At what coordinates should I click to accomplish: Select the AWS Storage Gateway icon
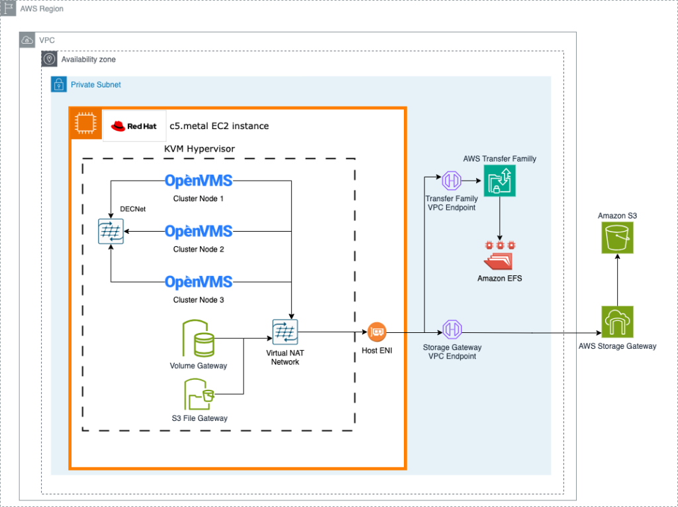click(x=618, y=322)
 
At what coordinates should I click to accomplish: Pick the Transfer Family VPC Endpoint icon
click(x=452, y=180)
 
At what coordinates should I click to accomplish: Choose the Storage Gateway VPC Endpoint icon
click(x=452, y=329)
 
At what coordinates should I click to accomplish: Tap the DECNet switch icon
click(x=111, y=232)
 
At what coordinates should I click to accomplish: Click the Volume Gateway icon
click(x=199, y=339)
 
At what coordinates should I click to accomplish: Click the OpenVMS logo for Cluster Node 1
click(x=199, y=181)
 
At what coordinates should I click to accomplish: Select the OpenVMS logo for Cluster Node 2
click(x=199, y=231)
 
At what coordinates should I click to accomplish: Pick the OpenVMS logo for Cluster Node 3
click(x=199, y=282)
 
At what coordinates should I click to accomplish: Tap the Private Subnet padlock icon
click(x=60, y=85)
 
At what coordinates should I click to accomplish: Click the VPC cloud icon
click(x=27, y=40)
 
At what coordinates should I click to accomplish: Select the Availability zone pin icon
click(x=50, y=60)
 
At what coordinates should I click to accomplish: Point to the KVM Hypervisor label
click(x=199, y=149)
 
